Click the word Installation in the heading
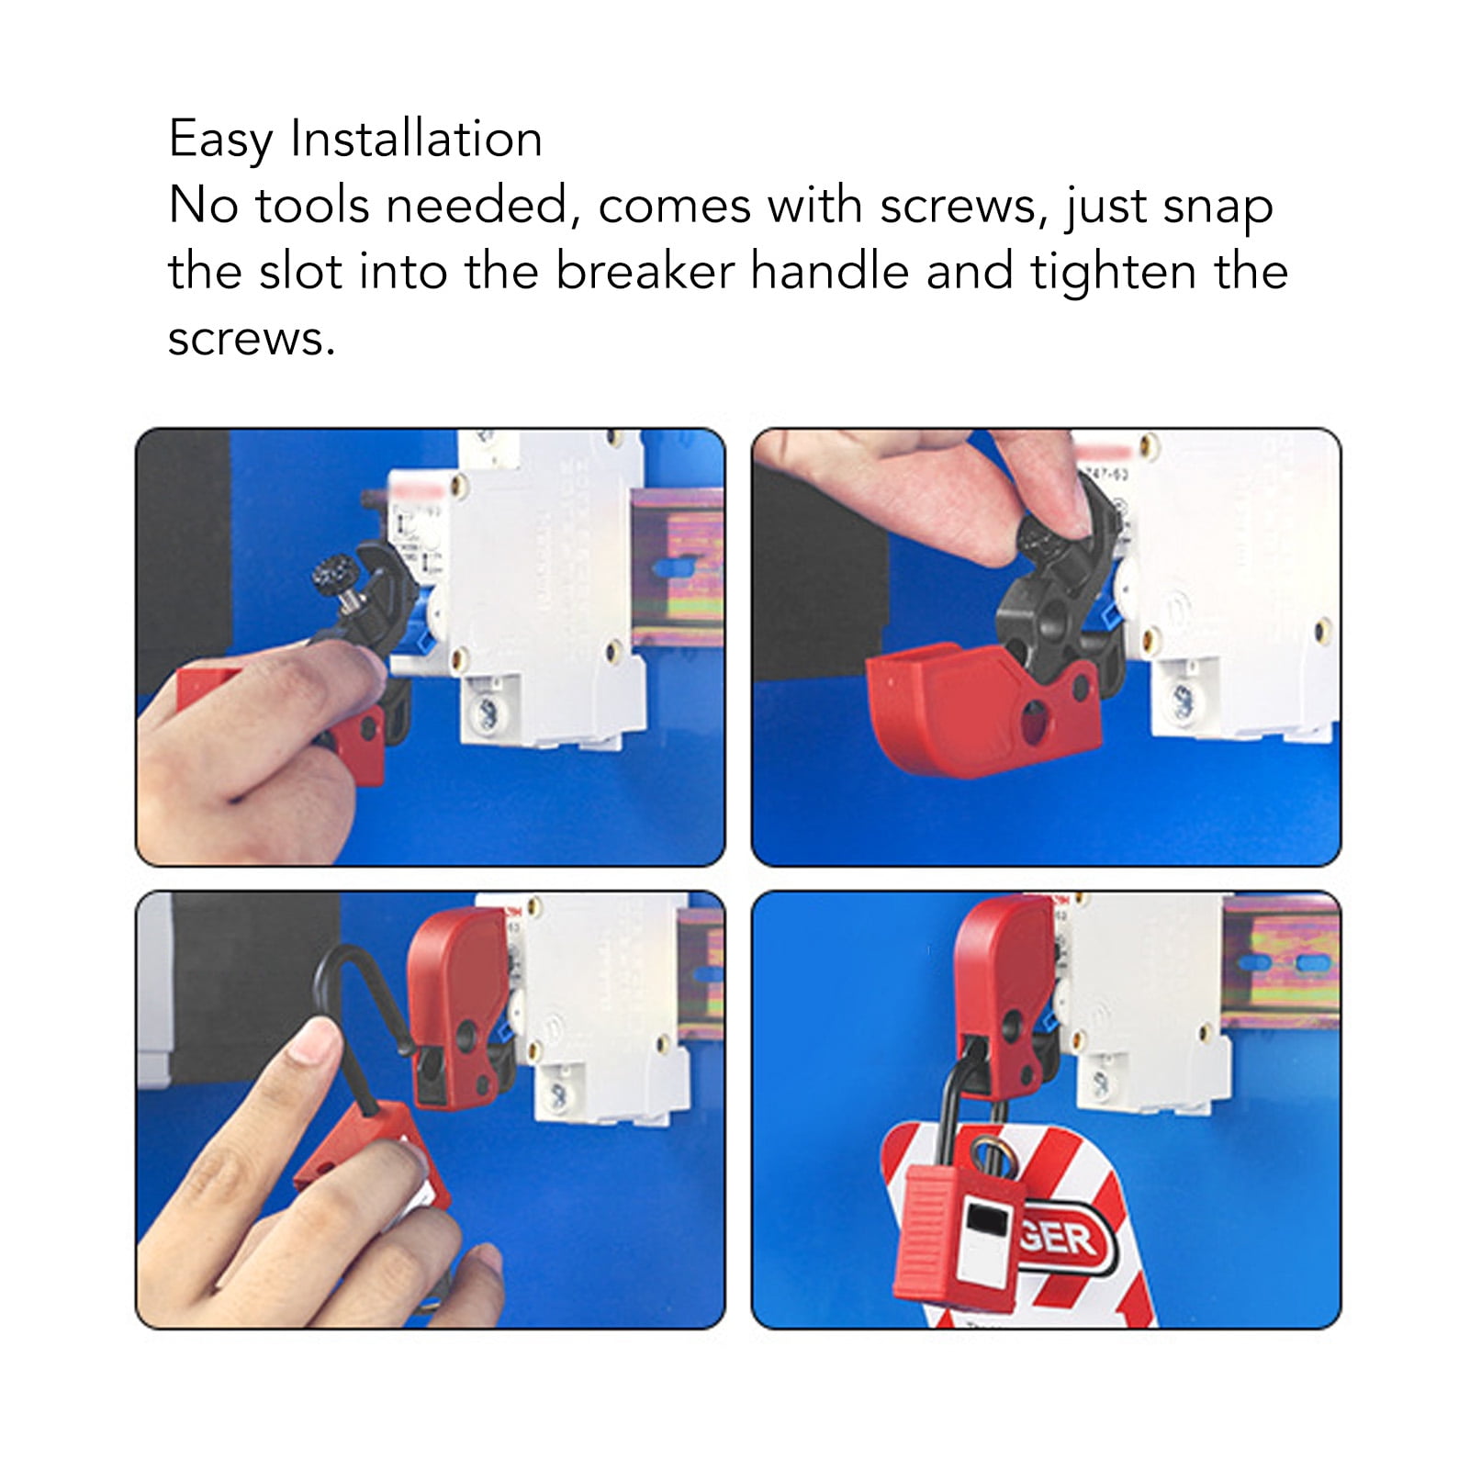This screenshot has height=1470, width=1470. (416, 140)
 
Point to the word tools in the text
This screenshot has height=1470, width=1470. (312, 205)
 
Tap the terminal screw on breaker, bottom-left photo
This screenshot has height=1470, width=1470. (557, 1093)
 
